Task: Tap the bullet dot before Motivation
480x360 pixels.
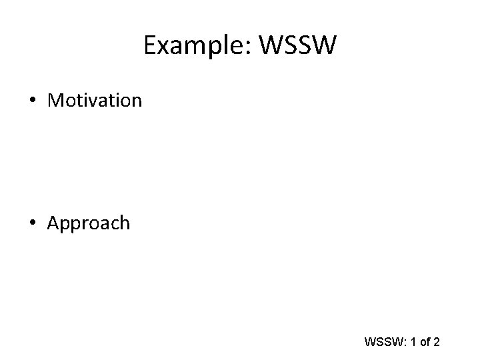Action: point(33,101)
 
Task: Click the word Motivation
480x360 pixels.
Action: point(95,101)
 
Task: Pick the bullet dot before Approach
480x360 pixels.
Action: point(33,223)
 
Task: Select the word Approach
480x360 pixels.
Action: point(89,223)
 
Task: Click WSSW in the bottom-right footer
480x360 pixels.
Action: point(382,343)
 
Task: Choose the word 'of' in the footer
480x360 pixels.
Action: point(424,343)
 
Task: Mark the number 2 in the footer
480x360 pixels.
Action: point(436,343)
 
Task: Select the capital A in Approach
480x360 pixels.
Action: point(53,223)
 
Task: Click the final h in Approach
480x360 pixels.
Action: point(124,223)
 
